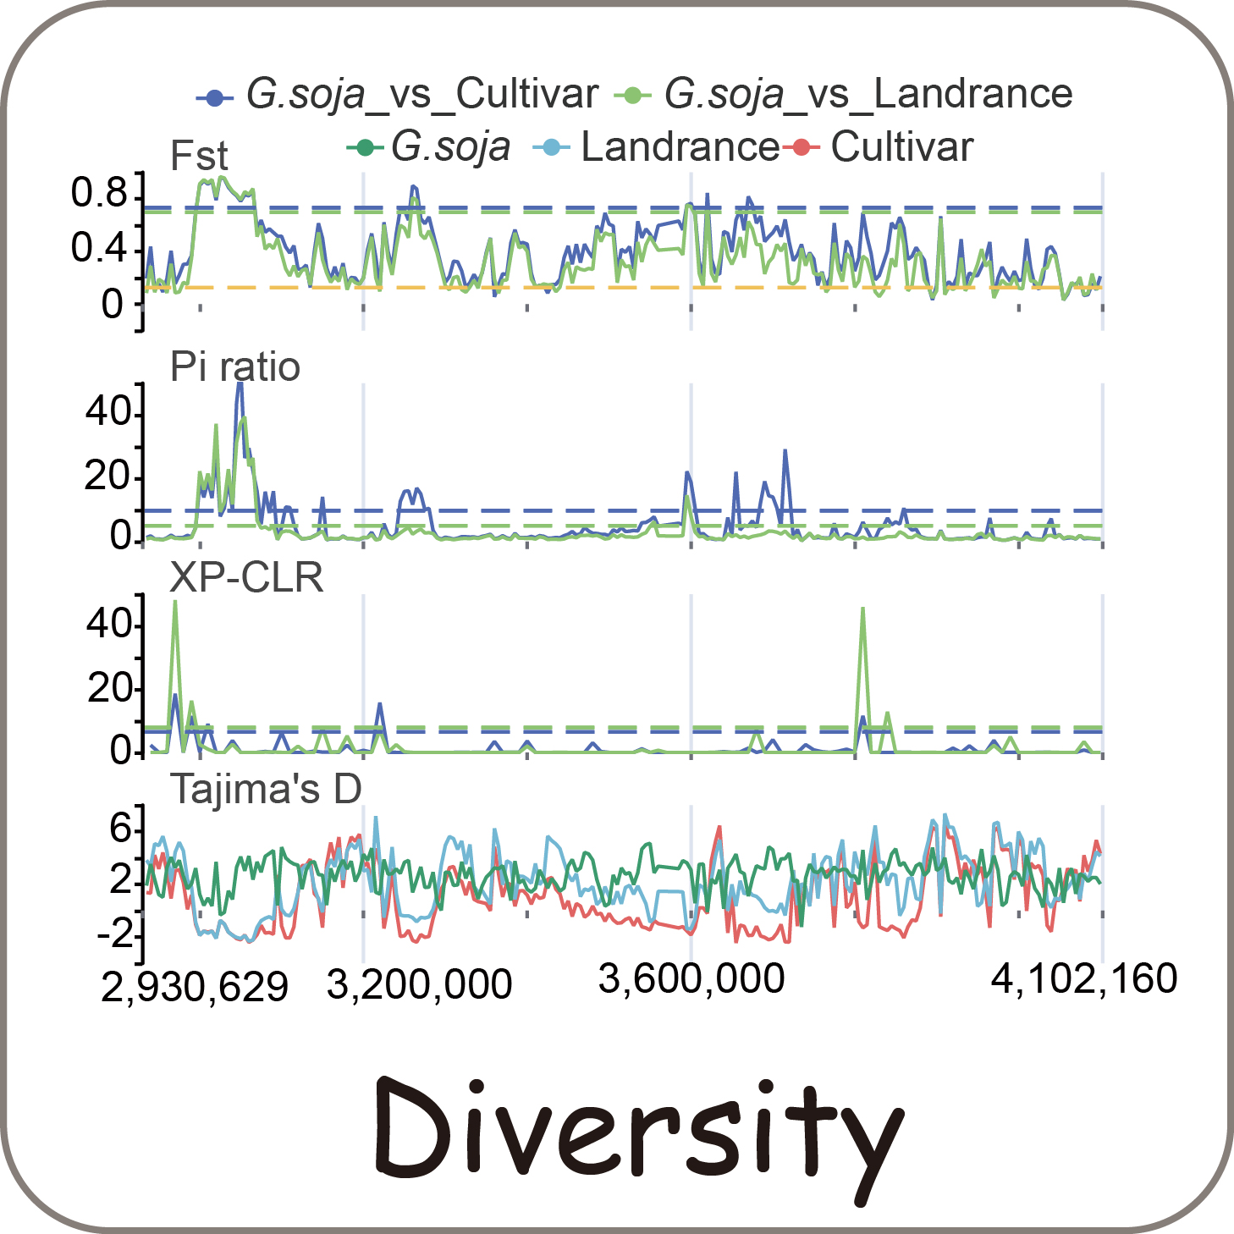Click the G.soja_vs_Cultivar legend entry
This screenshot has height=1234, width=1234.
tap(398, 95)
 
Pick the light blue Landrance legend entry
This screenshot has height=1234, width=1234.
tap(656, 147)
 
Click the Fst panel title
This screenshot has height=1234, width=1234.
tap(199, 157)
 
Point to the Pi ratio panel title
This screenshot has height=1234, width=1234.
tap(235, 367)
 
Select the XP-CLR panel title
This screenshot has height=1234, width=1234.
tap(246, 578)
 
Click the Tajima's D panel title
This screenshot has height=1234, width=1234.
tap(267, 789)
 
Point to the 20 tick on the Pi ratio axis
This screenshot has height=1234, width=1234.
tap(108, 477)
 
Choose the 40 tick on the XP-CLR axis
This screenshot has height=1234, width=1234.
tap(108, 625)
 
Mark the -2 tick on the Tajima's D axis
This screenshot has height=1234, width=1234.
tap(114, 934)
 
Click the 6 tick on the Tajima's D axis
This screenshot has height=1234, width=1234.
tap(121, 828)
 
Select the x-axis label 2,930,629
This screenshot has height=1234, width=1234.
tap(195, 987)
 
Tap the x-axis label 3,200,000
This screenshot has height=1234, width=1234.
tap(419, 984)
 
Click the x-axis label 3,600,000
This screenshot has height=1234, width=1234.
tap(691, 979)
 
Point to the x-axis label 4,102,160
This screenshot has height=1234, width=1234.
tap(1084, 979)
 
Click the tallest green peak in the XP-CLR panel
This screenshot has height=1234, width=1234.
tap(175, 602)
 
